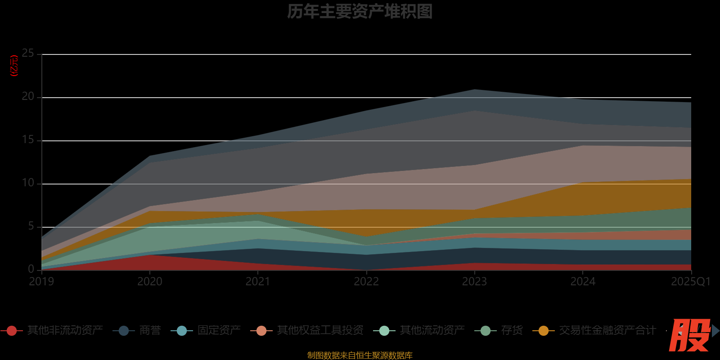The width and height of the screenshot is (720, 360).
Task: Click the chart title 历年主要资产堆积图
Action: (x=360, y=12)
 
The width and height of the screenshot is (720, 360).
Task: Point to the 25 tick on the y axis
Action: (x=28, y=54)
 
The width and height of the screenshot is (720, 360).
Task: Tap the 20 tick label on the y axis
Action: (x=28, y=97)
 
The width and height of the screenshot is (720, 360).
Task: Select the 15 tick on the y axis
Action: (x=28, y=140)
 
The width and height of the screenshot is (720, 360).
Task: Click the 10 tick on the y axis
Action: (x=28, y=183)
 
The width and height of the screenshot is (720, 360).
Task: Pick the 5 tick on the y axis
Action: (x=31, y=226)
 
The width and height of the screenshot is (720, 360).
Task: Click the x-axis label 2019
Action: (x=41, y=282)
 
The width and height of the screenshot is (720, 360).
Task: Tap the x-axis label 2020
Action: (x=150, y=282)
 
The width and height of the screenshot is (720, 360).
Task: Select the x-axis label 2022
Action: (x=366, y=282)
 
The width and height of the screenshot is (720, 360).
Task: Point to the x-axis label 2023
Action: (x=474, y=282)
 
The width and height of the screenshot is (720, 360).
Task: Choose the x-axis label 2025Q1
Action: (x=690, y=282)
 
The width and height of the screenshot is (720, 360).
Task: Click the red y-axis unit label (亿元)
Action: (x=14, y=66)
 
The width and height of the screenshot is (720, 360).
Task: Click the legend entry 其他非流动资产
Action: (x=65, y=331)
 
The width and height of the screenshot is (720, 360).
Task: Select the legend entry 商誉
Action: (x=150, y=331)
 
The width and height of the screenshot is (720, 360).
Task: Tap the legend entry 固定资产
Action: (x=219, y=331)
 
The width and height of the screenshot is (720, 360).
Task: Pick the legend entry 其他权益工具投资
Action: (x=320, y=331)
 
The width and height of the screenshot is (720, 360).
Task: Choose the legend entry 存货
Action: (x=512, y=331)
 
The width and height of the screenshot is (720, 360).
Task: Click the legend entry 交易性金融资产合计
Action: (x=607, y=331)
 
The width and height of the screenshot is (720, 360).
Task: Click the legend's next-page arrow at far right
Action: (x=715, y=331)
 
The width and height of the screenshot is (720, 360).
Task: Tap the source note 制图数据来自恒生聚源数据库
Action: (x=360, y=355)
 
